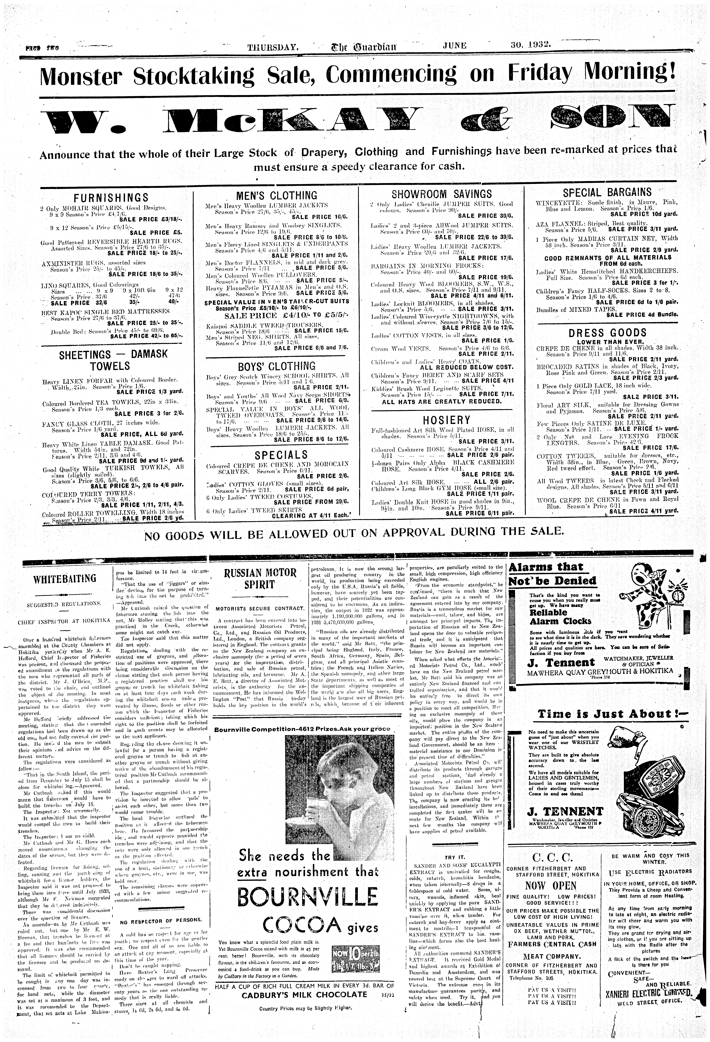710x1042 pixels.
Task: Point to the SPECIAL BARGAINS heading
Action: (x=607, y=192)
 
